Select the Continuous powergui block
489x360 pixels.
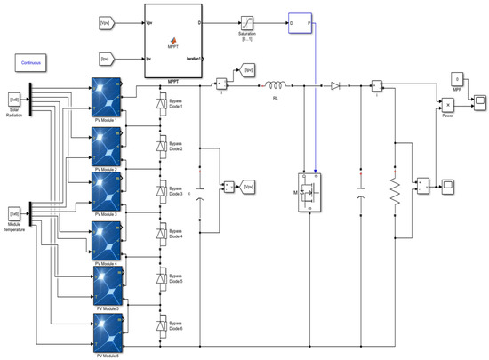click(33, 63)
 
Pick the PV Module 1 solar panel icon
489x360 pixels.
click(108, 98)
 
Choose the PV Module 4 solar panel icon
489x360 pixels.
click(108, 237)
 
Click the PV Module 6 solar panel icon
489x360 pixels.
click(108, 332)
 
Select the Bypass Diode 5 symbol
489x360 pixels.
click(160, 283)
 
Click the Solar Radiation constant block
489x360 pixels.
click(14, 99)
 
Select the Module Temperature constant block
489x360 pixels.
click(14, 214)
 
